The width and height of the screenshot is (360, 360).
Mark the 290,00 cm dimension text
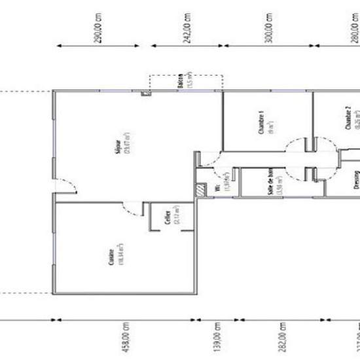[x=99, y=28]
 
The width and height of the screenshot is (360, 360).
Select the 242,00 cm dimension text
[x=187, y=28]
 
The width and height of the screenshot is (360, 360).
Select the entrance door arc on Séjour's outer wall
[x=69, y=187]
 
